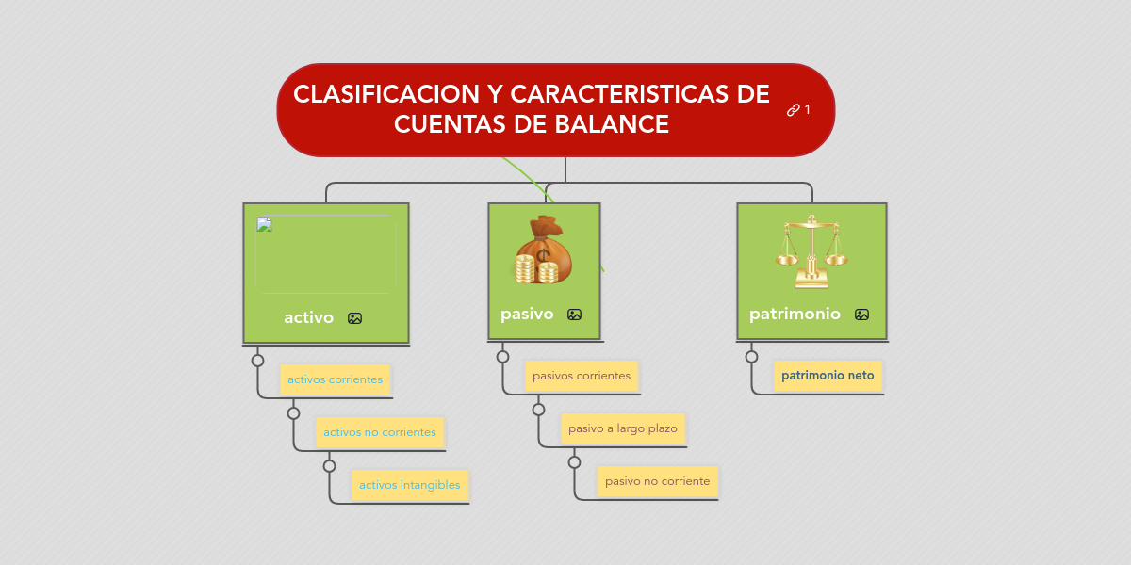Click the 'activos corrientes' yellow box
coord(335,379)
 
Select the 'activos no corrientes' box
coord(379,432)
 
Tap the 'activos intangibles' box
coord(409,485)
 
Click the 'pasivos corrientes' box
coord(582,376)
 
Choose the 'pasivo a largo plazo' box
coord(622,428)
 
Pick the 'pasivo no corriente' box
coord(657,481)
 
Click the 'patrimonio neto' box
coord(828,375)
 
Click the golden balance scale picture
coord(811,251)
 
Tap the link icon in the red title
coord(793,110)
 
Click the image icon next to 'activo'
coord(354,318)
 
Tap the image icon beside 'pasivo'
coord(574,315)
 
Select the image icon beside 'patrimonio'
coord(861,315)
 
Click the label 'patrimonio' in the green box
coord(795,315)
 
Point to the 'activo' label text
coord(308,318)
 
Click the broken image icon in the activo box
coord(263,224)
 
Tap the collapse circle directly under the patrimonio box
coord(751,357)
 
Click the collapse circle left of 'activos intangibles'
coord(329,466)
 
